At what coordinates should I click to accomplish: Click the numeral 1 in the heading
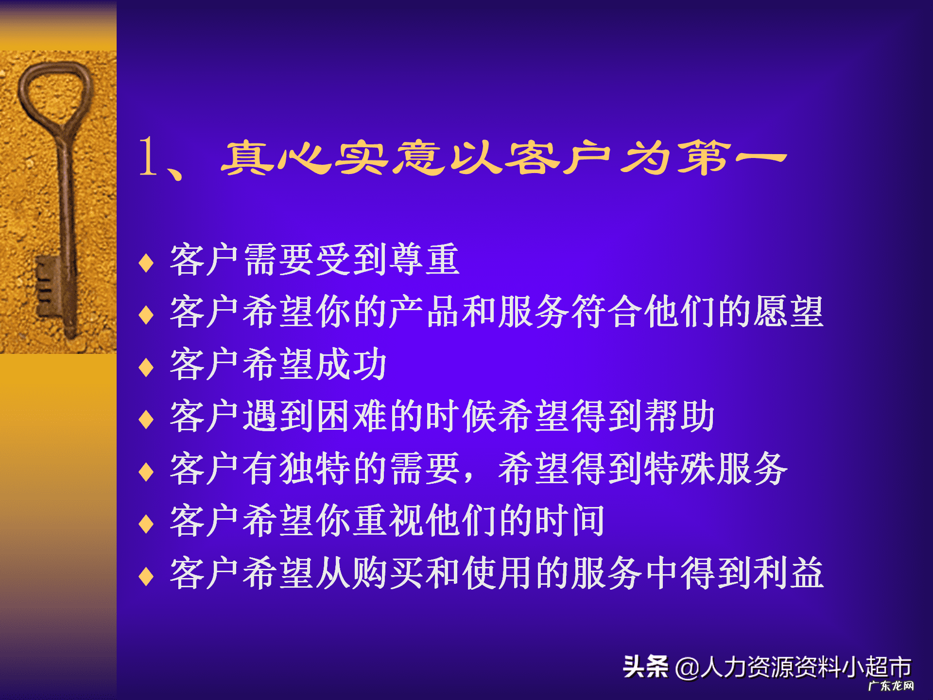tap(148, 157)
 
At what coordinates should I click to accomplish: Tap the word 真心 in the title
tap(277, 157)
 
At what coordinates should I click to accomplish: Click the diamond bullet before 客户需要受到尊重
tap(146, 263)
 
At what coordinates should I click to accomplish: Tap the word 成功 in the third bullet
tap(351, 365)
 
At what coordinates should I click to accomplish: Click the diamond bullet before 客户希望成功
tap(146, 367)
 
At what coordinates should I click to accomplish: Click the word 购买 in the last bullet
tap(388, 574)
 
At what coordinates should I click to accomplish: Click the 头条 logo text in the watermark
tap(645, 666)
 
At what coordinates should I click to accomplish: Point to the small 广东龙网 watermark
tap(891, 686)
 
